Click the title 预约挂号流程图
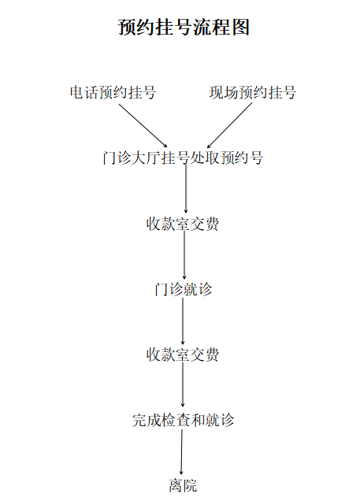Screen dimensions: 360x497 point(184,27)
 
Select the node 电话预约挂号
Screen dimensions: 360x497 point(113,93)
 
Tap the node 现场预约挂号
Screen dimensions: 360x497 point(253,93)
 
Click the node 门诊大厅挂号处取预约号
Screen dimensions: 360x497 point(183,158)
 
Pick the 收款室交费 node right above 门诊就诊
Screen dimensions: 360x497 point(183,224)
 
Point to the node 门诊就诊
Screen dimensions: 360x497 point(184,289)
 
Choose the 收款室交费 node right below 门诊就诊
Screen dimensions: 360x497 point(183,354)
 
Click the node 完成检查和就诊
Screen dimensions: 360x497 point(184,421)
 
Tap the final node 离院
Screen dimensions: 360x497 point(183,486)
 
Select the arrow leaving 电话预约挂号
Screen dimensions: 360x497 point(143,126)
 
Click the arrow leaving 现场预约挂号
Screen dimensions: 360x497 point(229,125)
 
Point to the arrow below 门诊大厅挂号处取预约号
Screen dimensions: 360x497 point(186,189)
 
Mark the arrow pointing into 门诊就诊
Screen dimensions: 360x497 point(184,255)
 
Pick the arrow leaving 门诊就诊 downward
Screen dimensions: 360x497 point(183,321)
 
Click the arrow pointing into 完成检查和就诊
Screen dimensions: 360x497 point(183,385)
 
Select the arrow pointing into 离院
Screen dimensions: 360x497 point(182,452)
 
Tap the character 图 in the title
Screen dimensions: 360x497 point(241,27)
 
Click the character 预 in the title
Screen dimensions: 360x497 point(127,27)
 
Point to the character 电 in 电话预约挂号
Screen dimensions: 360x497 point(77,93)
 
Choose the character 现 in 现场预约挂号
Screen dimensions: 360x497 point(217,93)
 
